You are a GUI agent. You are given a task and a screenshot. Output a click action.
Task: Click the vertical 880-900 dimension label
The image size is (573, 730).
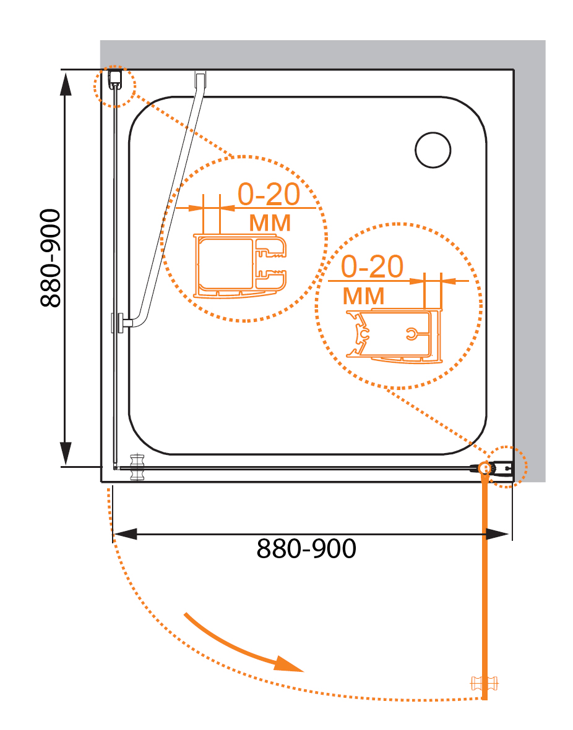[50, 258]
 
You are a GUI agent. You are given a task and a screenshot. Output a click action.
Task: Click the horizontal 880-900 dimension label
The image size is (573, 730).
[306, 548]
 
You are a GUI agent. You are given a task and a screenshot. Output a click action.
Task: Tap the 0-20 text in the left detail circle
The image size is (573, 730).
[269, 194]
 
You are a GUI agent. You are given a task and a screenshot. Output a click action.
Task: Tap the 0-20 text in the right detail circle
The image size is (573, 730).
[372, 266]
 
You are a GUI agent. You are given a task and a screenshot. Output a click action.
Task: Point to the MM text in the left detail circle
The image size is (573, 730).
[270, 223]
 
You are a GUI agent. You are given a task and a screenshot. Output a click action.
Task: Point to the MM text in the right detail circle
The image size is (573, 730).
[364, 296]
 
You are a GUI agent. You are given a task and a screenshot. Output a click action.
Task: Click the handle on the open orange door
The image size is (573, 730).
[485, 684]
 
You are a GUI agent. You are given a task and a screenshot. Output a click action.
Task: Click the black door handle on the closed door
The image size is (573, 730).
[137, 467]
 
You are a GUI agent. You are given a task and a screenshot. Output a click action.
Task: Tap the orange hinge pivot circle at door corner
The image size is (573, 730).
[485, 468]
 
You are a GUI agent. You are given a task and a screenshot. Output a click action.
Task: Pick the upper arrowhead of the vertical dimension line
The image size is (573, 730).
[66, 84]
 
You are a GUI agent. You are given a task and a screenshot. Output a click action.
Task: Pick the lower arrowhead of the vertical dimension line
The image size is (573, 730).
[66, 453]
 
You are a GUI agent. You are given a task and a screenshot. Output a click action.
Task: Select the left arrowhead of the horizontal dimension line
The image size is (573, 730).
[125, 534]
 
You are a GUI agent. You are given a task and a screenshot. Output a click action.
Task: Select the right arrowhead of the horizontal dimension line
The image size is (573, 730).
[497, 534]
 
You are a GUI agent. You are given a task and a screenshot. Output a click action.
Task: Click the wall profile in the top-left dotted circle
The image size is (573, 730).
[114, 79]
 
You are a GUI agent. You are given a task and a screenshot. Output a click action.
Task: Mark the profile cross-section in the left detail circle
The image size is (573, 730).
[239, 266]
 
